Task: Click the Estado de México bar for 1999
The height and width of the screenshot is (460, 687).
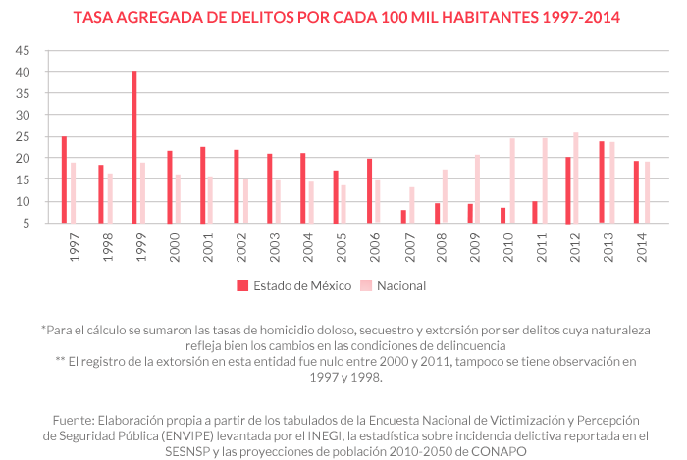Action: click(134, 147)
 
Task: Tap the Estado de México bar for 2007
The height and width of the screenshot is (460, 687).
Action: click(403, 216)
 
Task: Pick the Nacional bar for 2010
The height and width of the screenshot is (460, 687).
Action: click(511, 180)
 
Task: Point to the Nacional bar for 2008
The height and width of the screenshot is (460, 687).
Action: click(445, 196)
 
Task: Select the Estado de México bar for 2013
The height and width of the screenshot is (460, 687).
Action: click(603, 181)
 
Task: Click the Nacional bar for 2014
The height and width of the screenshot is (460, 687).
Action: click(648, 192)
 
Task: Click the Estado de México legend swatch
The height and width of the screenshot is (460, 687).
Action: click(241, 285)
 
